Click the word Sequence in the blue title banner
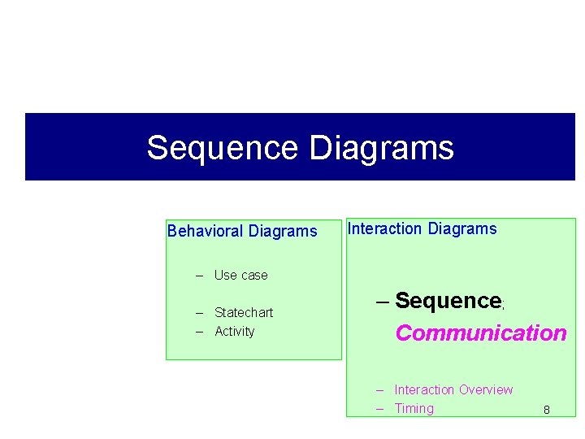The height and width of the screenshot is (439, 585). tap(222, 148)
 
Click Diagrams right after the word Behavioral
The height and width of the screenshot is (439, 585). tap(283, 231)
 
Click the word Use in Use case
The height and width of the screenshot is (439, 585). tap(225, 275)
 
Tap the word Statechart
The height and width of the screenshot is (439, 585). tap(244, 312)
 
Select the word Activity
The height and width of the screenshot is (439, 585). tap(235, 331)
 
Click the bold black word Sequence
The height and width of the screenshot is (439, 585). tap(448, 301)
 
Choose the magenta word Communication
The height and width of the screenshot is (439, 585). tap(481, 333)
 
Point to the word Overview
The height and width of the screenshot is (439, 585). tap(487, 389)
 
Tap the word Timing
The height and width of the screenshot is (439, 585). tap(414, 408)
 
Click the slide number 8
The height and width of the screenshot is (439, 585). tap(547, 410)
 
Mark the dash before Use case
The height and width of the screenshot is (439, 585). tap(199, 275)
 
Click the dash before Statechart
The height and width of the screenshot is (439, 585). tap(199, 312)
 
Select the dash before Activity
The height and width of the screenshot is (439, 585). tap(199, 331)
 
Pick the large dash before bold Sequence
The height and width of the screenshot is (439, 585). tap(383, 302)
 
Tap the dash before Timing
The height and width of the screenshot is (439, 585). tap(379, 408)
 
